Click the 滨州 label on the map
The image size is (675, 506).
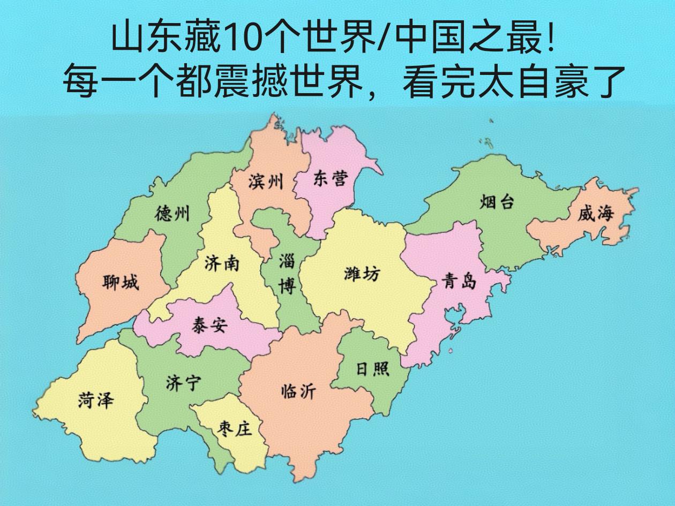(266, 182)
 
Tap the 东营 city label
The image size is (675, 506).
(330, 178)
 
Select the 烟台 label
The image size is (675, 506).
(497, 202)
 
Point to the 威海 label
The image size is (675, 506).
(595, 215)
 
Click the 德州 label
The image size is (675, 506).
(172, 214)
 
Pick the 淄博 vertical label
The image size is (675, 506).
(287, 274)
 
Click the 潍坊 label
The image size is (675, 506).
(362, 274)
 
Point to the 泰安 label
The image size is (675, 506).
(209, 325)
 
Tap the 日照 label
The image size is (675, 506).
(373, 369)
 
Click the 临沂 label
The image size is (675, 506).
(298, 392)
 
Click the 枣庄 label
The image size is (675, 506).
(235, 428)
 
